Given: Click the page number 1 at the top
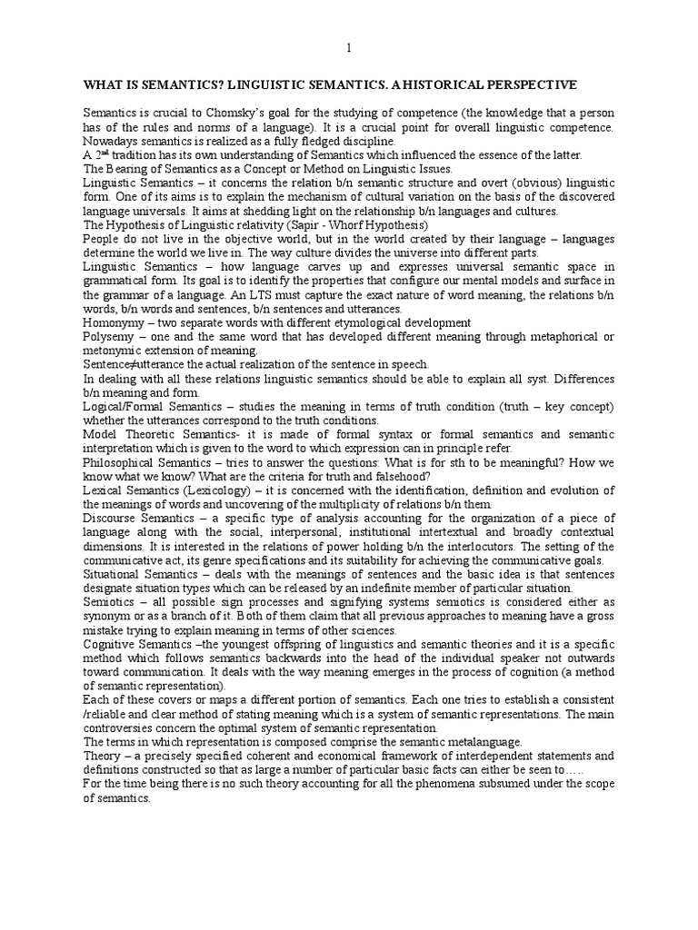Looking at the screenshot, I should (x=348, y=48).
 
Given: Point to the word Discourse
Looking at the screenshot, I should (x=113, y=518).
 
